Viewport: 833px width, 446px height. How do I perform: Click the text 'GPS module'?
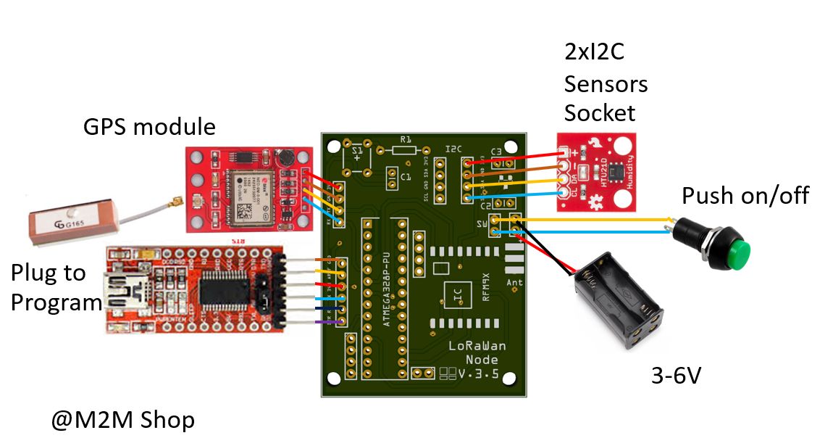click(149, 128)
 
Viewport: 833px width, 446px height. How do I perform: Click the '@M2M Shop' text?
click(123, 420)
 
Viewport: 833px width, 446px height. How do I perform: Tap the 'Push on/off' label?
click(745, 195)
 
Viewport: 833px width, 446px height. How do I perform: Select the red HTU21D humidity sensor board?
click(598, 172)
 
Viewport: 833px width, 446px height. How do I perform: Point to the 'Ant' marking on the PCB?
click(515, 282)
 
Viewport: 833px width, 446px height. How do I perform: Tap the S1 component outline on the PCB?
click(357, 154)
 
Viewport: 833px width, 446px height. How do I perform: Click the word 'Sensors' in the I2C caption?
click(606, 84)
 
